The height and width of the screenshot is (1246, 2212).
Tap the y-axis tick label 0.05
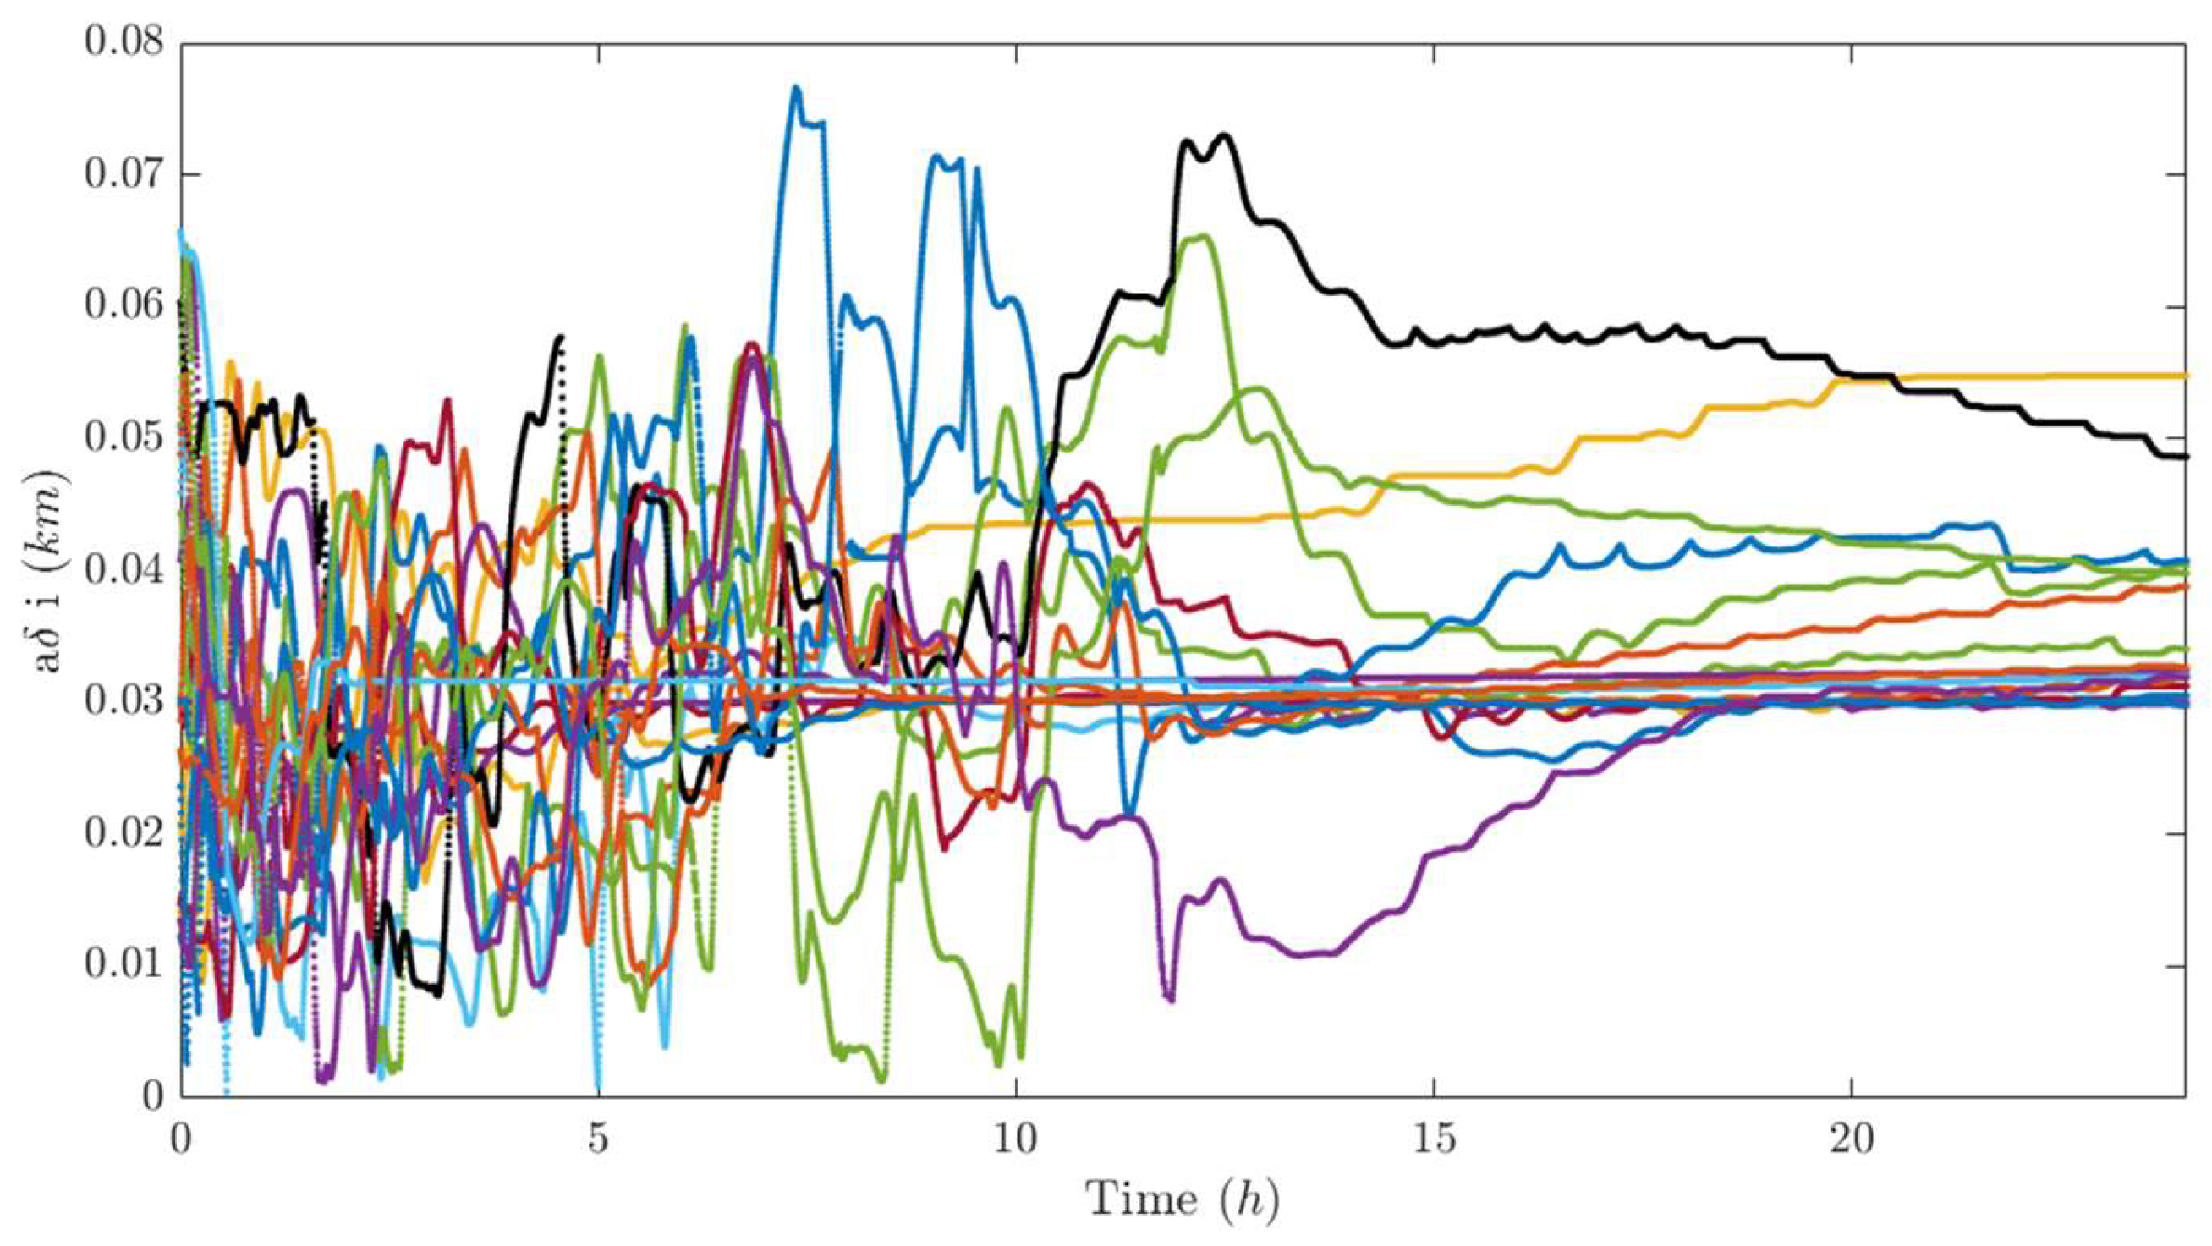pyautogui.click(x=123, y=438)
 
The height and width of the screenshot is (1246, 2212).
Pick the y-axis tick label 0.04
pyautogui.click(x=123, y=569)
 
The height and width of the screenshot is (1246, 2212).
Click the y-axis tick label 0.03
pyautogui.click(x=123, y=701)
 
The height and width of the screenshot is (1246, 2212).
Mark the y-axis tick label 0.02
pyautogui.click(x=123, y=834)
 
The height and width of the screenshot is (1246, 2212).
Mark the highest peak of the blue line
pyautogui.click(x=796, y=87)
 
